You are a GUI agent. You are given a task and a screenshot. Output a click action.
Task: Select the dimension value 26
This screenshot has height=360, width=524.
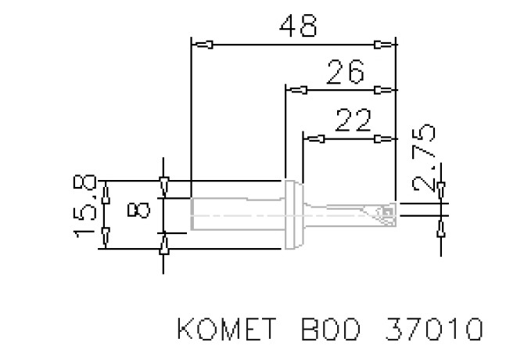pos(345,73)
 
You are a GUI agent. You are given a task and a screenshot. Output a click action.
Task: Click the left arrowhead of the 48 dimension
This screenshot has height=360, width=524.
pos(204,44)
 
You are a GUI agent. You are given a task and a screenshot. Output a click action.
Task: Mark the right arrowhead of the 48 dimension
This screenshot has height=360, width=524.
pos(384,44)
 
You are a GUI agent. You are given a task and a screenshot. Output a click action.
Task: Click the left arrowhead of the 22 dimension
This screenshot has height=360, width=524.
pos(315,139)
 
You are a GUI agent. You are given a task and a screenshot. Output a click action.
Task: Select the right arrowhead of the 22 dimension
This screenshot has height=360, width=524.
pos(384,139)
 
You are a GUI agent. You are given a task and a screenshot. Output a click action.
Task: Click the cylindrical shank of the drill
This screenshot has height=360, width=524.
pos(235,213)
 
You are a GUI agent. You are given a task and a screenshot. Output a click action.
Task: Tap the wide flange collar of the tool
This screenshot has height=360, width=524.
pos(293,213)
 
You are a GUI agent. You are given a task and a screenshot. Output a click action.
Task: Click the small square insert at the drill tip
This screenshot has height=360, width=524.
pos(386,211)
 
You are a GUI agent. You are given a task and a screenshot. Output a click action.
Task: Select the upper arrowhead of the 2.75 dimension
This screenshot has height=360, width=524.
pos(442,189)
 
